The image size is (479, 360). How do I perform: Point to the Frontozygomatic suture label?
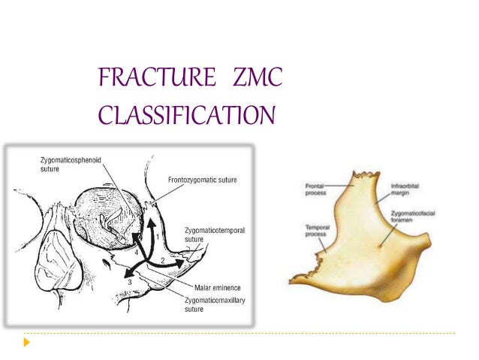[203, 181]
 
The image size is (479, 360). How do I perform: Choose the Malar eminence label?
[209, 286]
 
